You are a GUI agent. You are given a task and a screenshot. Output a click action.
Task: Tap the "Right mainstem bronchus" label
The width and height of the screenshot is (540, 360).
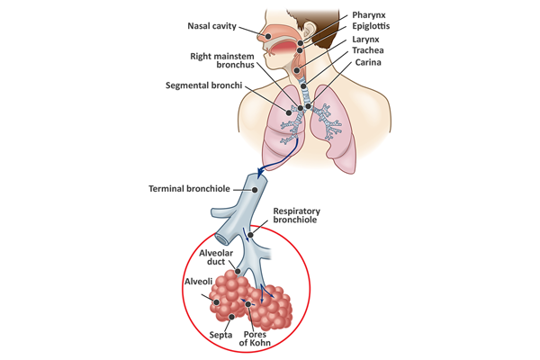coord(219,60)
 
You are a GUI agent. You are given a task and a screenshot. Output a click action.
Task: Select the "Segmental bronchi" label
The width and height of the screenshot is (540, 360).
coord(206,85)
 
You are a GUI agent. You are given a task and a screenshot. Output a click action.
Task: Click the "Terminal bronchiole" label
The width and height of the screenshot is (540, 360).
coord(190,189)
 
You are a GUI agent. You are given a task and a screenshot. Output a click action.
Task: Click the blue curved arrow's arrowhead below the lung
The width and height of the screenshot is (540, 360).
coord(261,171)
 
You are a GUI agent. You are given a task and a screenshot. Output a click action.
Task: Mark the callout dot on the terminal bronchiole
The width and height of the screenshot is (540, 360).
coord(255,190)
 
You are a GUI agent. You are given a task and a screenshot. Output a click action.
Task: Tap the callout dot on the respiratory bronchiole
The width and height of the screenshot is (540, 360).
coord(252,236)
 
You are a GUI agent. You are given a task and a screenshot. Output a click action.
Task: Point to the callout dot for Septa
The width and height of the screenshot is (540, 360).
coord(234,316)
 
